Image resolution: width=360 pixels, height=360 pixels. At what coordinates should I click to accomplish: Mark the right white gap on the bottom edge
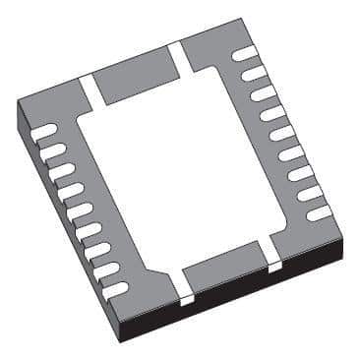pos(274,262)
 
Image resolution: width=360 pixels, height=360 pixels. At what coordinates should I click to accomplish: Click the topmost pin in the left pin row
pos(44,129)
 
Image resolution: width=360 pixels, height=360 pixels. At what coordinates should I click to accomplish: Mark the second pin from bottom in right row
pos(310,194)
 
